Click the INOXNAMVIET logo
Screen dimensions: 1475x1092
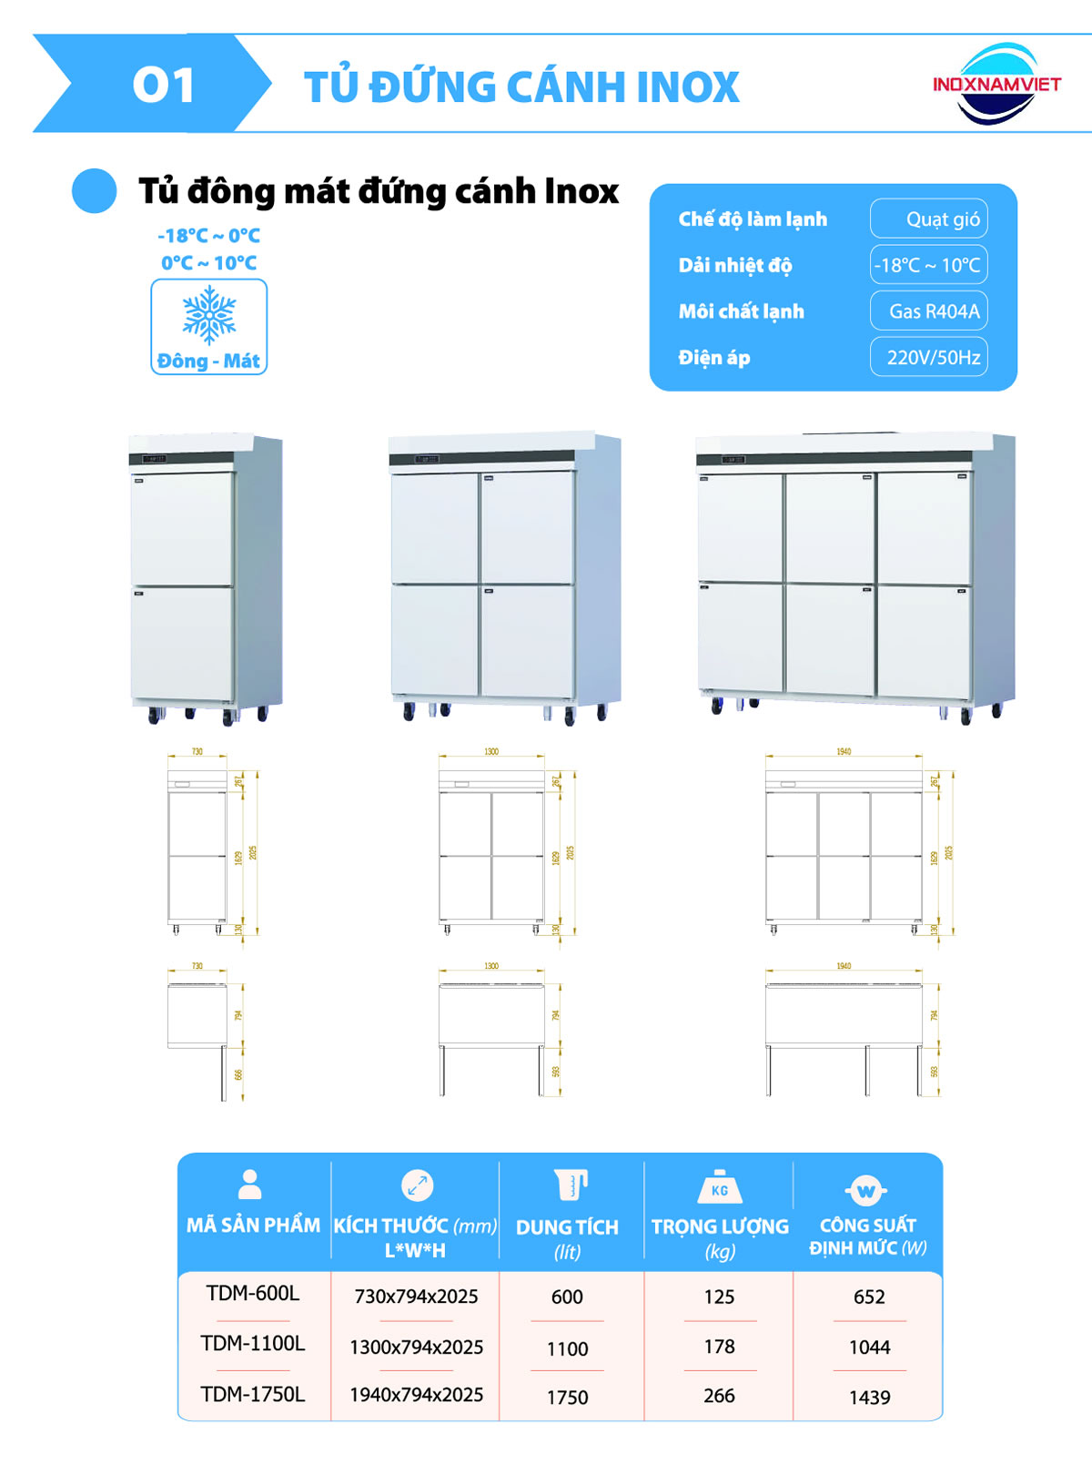pos(996,84)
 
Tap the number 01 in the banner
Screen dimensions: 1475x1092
pos(164,86)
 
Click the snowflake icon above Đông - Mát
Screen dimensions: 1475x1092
pos(209,315)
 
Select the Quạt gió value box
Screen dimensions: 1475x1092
pos(928,219)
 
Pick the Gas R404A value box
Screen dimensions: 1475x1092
pos(928,311)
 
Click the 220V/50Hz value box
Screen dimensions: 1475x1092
pos(928,357)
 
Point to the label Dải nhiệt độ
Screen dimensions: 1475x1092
pos(735,266)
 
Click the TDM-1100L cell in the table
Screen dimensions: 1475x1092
pos(253,1343)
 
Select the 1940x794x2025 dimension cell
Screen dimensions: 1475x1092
pos(416,1394)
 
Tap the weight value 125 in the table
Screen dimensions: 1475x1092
pos(719,1297)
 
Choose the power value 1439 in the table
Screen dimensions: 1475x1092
pos(869,1397)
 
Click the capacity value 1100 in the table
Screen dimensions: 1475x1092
pos(567,1348)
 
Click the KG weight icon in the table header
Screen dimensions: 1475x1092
pos(720,1187)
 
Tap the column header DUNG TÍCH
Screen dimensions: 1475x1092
pos(567,1227)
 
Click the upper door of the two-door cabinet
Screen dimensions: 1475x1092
pos(182,528)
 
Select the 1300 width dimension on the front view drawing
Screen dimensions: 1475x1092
pos(491,752)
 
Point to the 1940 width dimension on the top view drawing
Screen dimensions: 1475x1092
pos(844,966)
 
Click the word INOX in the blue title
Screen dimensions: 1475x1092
pos(688,87)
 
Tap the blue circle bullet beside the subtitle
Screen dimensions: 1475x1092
pos(95,191)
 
